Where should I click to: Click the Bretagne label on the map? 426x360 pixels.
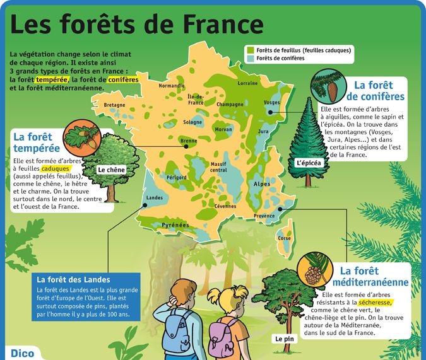114,105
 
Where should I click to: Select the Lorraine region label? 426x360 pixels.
247,83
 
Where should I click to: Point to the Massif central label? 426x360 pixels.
218,167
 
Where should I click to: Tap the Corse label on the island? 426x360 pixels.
285,238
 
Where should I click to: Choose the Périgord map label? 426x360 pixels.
176,178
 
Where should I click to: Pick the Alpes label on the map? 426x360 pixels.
261,184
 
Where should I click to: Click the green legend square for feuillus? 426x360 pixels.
250,50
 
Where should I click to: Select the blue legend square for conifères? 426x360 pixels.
250,59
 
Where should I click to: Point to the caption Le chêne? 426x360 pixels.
111,170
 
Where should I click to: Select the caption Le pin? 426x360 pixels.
285,339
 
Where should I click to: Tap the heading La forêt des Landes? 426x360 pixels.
74,280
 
